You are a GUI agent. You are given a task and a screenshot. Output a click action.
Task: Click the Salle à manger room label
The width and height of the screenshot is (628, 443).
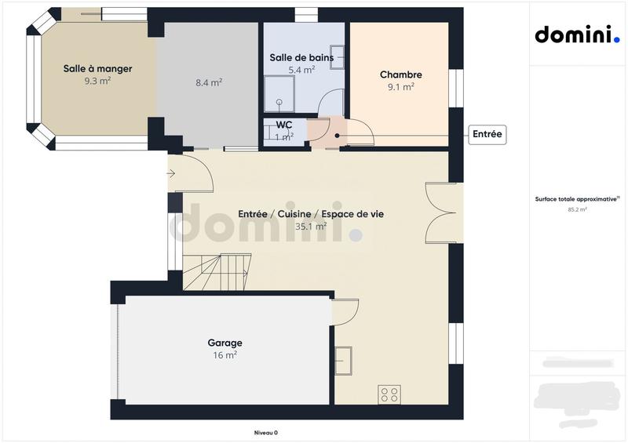97,68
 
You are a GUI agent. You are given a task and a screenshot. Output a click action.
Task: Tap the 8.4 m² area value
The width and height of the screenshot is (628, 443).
208,82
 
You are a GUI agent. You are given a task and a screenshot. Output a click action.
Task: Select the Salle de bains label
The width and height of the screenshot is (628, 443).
301,57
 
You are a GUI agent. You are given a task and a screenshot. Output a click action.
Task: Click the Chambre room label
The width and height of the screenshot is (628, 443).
400,74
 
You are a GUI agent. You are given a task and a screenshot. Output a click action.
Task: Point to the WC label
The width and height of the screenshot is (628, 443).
284,125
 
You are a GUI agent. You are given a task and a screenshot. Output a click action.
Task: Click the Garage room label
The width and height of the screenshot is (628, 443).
225,343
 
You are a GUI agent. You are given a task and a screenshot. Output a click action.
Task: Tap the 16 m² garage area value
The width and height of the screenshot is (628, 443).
225,355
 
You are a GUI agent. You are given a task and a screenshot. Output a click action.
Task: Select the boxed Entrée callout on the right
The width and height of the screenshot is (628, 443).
487,135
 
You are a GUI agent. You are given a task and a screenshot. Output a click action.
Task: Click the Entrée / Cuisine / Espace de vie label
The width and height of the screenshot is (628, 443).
311,213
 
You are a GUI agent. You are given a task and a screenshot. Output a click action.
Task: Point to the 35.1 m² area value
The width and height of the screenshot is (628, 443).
311,226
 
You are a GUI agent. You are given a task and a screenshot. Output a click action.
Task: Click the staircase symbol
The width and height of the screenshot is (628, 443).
217,271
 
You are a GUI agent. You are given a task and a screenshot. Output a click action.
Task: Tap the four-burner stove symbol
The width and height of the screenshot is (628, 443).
389,394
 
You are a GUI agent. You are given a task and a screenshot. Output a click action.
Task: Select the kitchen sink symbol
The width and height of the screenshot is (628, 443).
343,360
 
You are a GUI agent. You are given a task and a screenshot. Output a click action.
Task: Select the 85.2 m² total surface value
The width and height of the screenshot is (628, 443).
577,210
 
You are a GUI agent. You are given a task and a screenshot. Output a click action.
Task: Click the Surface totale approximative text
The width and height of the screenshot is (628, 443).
577,199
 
